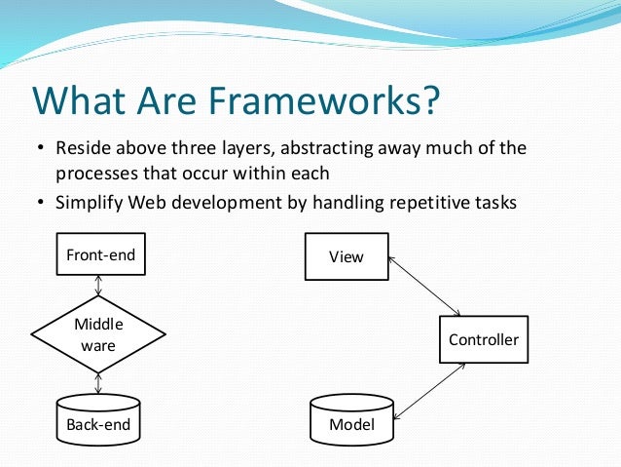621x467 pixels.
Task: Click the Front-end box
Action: (99, 256)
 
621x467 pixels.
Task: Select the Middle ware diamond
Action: (99, 334)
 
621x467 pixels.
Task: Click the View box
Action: (347, 256)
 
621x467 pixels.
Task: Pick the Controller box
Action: (483, 340)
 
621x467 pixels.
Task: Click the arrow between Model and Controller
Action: (428, 389)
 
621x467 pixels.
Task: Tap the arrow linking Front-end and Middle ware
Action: (99, 286)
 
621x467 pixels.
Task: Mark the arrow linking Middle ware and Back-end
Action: (99, 383)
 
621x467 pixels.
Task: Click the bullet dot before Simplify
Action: (41, 203)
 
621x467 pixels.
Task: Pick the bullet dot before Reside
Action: (41, 150)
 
